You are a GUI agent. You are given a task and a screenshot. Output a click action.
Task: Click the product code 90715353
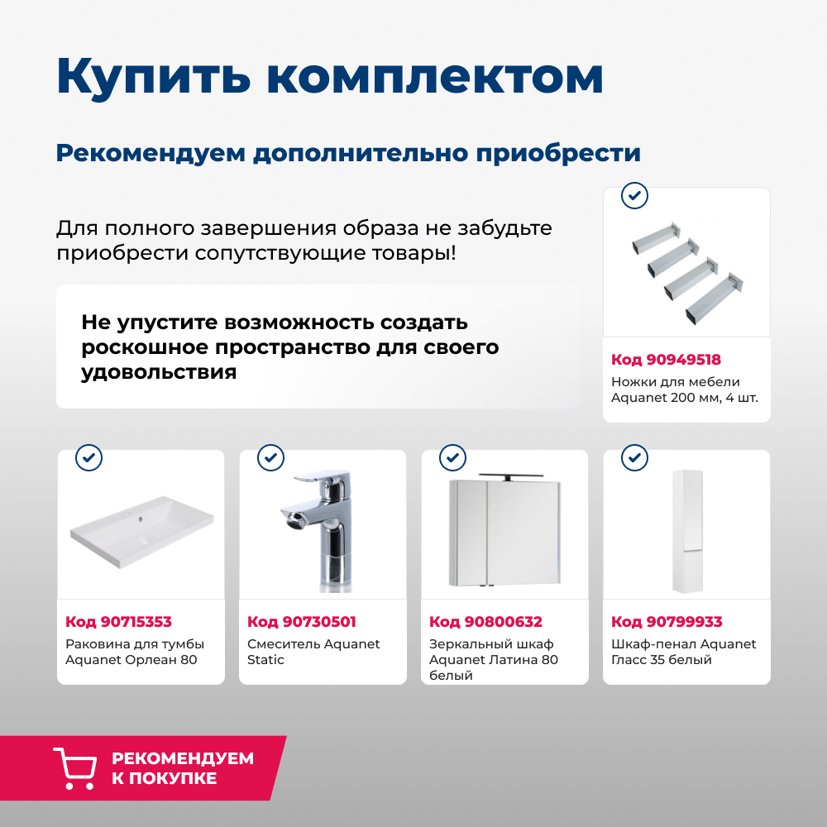[118, 622]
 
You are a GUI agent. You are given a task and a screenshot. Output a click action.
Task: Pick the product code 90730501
[301, 622]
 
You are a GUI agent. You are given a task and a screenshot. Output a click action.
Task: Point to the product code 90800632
[485, 622]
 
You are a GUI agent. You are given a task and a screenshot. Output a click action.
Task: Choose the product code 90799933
[667, 622]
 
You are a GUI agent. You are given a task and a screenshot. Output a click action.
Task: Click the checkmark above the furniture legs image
[634, 196]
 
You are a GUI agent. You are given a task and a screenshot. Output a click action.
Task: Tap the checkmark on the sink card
[88, 457]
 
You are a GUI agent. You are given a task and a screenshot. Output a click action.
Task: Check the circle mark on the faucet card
[270, 457]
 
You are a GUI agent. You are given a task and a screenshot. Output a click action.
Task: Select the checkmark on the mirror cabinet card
[452, 457]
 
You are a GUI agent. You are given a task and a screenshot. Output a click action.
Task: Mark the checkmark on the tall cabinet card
[634, 457]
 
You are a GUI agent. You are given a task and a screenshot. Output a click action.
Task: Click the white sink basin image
[141, 529]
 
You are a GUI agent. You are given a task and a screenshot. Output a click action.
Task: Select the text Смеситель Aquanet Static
[313, 652]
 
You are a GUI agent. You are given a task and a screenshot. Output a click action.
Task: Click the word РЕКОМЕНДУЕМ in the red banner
[183, 758]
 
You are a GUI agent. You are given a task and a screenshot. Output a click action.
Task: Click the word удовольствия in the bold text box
[159, 372]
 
